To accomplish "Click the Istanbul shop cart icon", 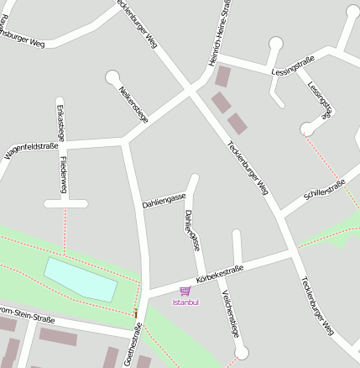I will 185,291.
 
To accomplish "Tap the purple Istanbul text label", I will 185,302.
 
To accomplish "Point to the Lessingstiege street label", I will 321,99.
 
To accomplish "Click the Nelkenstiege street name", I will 133,105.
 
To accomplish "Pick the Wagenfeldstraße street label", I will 31,150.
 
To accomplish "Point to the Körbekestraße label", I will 219,272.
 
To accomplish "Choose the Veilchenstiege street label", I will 231,313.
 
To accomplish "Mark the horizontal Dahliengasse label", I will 164,201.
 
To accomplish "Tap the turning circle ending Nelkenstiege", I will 112,77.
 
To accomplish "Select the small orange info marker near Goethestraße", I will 135,313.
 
